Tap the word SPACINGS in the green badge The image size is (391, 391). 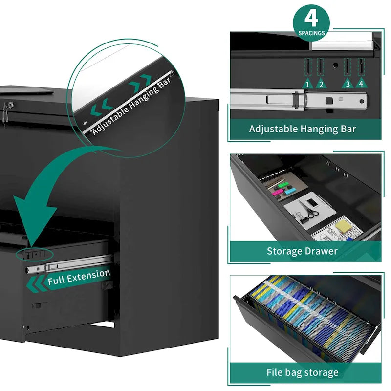311,33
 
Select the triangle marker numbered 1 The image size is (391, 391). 307,84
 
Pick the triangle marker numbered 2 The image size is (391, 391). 321,84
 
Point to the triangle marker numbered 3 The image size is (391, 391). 348,83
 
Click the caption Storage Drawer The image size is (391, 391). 302,251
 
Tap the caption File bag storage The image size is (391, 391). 303,372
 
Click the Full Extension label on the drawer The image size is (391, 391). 79,277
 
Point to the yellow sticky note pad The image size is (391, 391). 345,226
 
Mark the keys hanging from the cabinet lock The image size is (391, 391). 5,115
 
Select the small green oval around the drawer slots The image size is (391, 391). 34,254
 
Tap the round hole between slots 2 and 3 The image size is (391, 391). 336,65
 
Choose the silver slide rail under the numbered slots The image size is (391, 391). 299,100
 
